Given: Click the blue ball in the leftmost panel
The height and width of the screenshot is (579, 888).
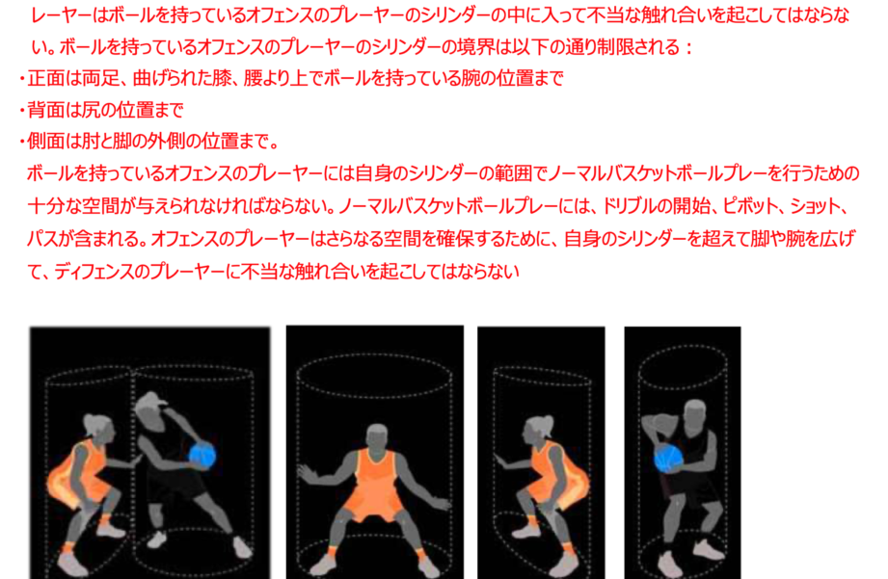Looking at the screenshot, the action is [x=202, y=456].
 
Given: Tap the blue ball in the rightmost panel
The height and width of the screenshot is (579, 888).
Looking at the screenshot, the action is [x=669, y=458].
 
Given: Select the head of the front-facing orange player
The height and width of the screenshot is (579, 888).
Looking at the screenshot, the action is [x=377, y=436].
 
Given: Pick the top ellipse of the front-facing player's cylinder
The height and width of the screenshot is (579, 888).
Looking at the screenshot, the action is [x=374, y=376].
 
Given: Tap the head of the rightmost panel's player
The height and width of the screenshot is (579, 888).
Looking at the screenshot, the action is [x=694, y=415].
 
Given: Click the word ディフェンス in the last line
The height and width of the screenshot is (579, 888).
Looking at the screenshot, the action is [x=95, y=272].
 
